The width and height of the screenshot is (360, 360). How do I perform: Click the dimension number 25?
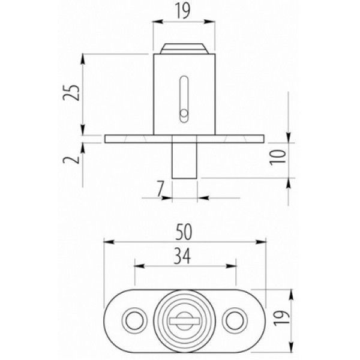71,92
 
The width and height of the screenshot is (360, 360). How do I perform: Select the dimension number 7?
160,189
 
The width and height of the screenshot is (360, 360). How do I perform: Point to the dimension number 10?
278,157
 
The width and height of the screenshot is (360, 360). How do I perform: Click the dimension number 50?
184,232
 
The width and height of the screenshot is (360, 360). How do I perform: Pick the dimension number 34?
182,256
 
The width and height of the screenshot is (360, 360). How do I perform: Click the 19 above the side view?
183,11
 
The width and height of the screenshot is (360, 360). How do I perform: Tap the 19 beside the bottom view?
282,318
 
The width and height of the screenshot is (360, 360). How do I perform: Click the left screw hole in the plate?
134,320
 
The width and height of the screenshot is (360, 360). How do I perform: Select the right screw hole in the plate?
235,320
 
